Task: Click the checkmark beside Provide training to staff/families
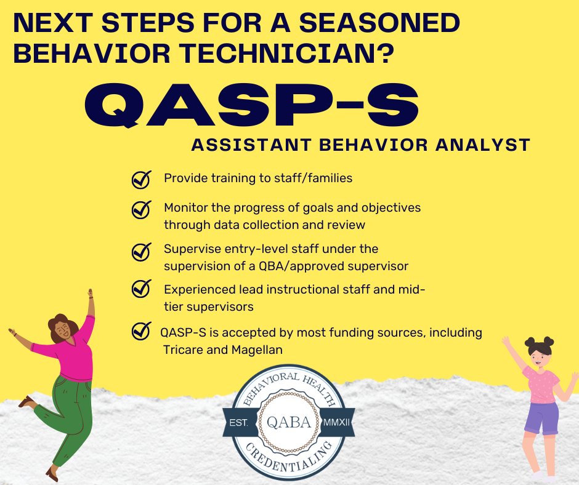click(142, 179)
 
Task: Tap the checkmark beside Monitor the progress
click(142, 209)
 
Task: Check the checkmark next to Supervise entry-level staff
click(142, 251)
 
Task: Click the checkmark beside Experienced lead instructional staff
click(142, 287)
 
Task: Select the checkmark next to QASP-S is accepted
click(142, 332)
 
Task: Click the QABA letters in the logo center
click(289, 423)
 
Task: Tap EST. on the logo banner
click(241, 423)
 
